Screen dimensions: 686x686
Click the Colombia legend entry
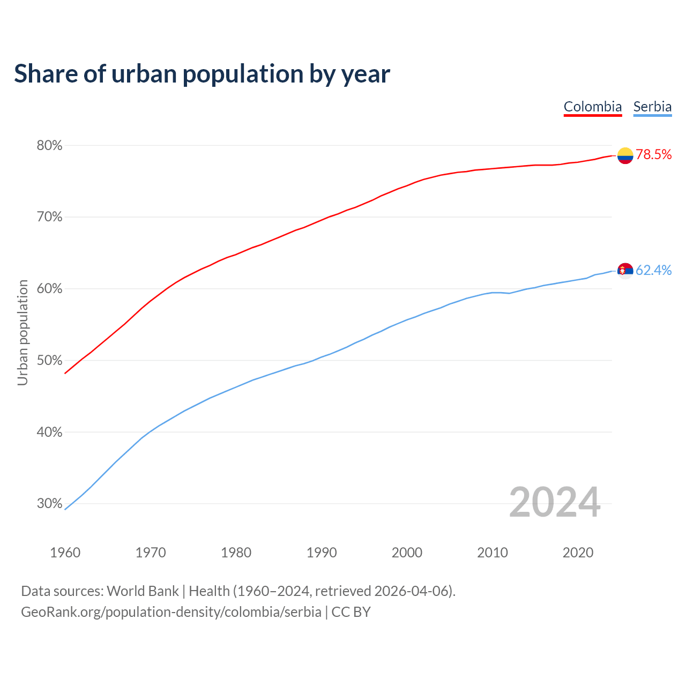click(593, 107)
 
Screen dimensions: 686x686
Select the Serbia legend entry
click(652, 107)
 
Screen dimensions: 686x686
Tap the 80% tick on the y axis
click(49, 146)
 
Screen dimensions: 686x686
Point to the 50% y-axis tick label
click(49, 361)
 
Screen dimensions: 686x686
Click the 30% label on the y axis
click(49, 504)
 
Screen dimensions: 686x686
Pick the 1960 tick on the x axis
click(65, 553)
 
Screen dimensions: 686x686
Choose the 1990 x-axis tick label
click(322, 553)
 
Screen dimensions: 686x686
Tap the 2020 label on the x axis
click(578, 553)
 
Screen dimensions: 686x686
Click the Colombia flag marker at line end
click(625, 155)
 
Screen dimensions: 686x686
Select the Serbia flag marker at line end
click(625, 271)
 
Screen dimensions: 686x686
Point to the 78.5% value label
click(654, 155)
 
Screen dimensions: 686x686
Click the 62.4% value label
click(654, 270)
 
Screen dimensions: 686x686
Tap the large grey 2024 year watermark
click(555, 503)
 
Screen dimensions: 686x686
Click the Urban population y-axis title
click(23, 332)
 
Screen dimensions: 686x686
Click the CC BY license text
click(351, 612)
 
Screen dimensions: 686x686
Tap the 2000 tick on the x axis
click(407, 553)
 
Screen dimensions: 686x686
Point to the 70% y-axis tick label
click(49, 217)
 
